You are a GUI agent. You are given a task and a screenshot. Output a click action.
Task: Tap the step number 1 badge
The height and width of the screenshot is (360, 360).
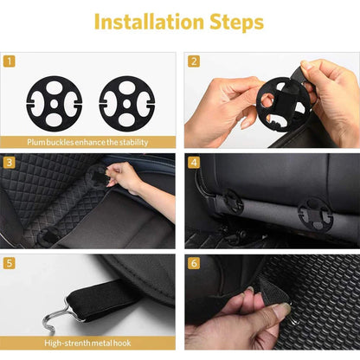click(x=10, y=61)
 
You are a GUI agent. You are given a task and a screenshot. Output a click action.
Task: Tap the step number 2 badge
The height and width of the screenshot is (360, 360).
click(x=194, y=61)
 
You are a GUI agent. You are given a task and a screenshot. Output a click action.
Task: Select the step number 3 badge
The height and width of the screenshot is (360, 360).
click(x=10, y=161)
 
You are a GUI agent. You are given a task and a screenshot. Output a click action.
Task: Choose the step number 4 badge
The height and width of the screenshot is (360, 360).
click(x=194, y=161)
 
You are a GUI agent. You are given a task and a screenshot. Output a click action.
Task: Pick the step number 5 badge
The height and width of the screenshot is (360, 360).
click(x=10, y=262)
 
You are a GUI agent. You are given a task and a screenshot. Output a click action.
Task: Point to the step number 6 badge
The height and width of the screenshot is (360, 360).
click(x=194, y=262)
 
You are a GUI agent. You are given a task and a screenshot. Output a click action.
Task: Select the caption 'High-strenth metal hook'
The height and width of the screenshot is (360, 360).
click(x=89, y=342)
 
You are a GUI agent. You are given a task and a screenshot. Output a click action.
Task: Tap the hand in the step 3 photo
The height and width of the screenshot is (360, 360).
click(x=130, y=180)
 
